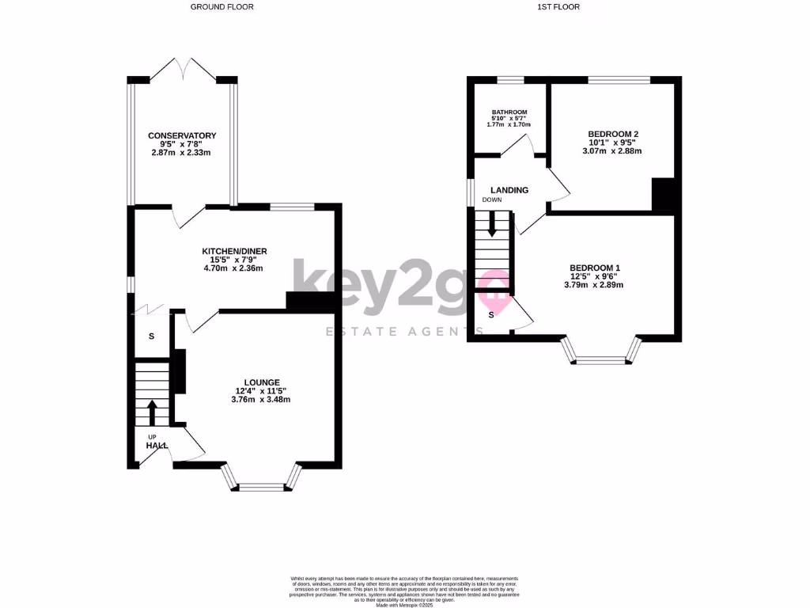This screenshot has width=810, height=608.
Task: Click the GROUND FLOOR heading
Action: coord(222,6)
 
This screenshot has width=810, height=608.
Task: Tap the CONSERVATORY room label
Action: coord(182,136)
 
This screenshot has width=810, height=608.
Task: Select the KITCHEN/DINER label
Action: coord(234,251)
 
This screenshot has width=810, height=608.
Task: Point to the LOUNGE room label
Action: coord(256,382)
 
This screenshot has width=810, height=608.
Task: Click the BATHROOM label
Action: coord(509,112)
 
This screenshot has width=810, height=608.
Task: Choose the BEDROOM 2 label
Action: coord(613,134)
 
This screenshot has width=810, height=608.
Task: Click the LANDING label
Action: coord(509,190)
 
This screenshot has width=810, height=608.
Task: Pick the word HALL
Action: coord(157,446)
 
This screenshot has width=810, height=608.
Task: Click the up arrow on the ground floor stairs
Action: coord(152,411)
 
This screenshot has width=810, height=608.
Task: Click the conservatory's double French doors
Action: coord(183,69)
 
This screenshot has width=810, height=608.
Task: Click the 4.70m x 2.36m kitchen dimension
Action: coord(233,268)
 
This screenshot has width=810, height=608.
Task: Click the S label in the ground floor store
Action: coord(152,336)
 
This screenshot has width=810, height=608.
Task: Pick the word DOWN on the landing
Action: coord(492,200)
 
